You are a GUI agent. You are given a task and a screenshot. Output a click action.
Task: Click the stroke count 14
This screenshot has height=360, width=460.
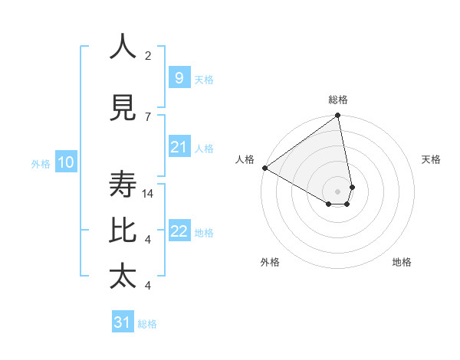coord(149,194)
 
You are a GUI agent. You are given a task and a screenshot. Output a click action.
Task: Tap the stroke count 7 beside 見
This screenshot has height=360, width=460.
coord(148,116)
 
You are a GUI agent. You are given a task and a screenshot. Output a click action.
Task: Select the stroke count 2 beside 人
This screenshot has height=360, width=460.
coord(148,56)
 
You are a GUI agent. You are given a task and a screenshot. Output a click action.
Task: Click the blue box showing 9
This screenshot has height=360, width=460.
coord(179,78)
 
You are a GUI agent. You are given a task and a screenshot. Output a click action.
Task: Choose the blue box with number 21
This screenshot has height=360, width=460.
coord(179,147)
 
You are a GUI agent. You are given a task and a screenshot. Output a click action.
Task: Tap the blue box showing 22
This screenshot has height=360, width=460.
coord(179,231)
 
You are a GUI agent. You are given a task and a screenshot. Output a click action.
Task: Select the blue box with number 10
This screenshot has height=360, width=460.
coord(65,162)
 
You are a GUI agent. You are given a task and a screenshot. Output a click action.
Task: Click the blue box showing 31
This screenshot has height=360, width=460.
coord(123,322)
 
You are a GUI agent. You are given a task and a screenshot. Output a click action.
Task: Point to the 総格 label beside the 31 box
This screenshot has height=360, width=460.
coord(147,324)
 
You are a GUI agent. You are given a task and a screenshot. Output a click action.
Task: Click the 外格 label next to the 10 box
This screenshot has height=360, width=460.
coord(41,163)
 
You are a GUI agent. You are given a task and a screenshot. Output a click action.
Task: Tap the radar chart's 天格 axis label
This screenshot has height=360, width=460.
coord(431,159)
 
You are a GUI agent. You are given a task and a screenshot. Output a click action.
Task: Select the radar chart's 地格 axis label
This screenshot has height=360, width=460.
coord(402,262)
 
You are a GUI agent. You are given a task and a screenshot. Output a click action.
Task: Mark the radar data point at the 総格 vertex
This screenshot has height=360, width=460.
coord(337,116)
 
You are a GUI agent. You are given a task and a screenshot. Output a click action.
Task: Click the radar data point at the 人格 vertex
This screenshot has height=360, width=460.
coord(264,168)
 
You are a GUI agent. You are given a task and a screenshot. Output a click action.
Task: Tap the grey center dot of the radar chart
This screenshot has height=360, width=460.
coord(337,191)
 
